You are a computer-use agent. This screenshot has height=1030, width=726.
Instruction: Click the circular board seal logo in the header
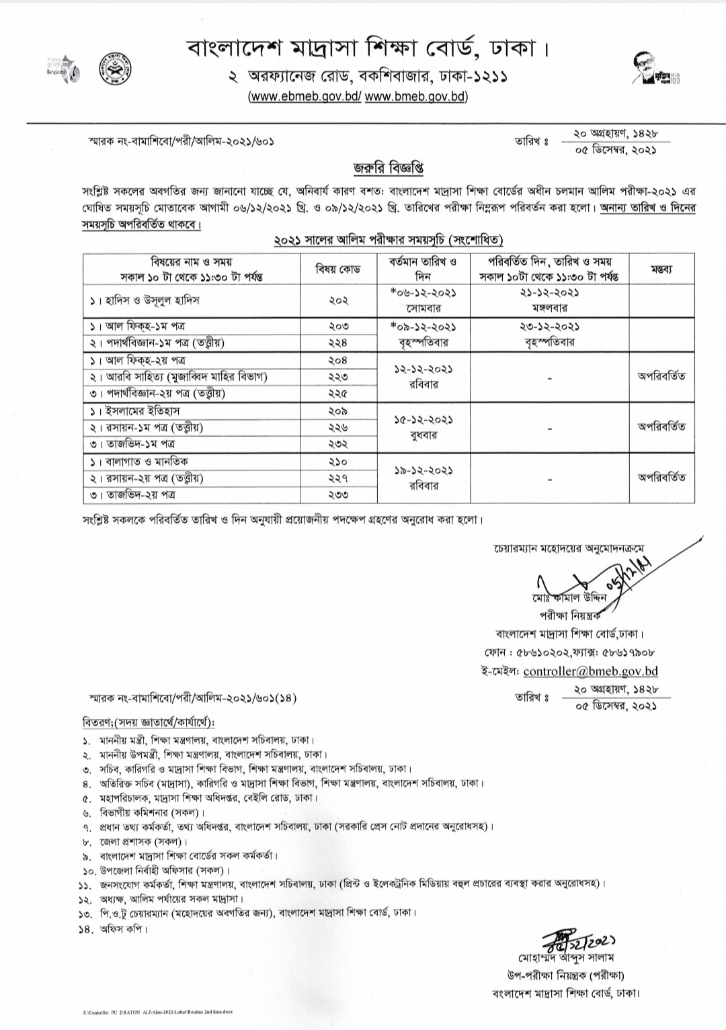coord(115,69)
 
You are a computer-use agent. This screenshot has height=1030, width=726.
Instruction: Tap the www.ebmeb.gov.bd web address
coord(305,96)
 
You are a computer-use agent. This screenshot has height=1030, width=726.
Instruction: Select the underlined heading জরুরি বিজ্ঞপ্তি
coord(389,168)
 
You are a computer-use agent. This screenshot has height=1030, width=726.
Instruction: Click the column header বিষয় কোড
coord(338,269)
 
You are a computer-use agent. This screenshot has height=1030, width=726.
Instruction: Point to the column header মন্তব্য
coord(661,269)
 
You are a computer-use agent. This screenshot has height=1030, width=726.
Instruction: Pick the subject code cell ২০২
coord(338,300)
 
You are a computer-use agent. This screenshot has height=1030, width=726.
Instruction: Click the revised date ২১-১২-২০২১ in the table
coord(549,293)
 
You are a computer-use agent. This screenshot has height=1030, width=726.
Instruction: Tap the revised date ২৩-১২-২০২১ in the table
coord(549,327)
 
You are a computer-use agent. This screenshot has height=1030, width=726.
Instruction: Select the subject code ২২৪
coord(338,343)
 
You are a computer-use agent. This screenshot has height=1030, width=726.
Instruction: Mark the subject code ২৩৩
coord(338,495)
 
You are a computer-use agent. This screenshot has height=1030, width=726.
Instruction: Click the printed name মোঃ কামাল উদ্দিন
coord(567,597)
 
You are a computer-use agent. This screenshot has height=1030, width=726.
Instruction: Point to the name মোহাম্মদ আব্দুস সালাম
coord(565,957)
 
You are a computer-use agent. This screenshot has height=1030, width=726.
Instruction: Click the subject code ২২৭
coord(338,478)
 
